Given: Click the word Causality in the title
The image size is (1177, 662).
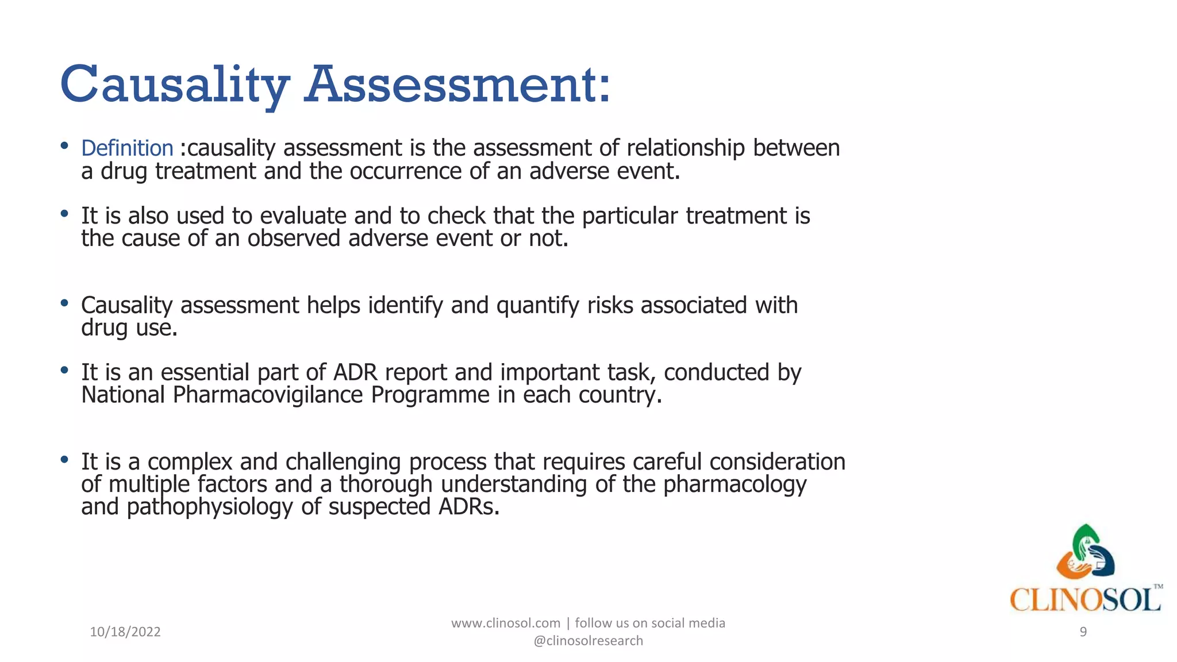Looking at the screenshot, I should [x=174, y=85].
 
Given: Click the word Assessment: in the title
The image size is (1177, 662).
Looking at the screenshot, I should [x=457, y=85].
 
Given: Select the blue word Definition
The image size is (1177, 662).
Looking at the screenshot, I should [x=127, y=148].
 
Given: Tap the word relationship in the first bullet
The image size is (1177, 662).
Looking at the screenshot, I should [x=685, y=148].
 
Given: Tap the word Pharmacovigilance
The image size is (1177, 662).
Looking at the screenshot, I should [x=268, y=395].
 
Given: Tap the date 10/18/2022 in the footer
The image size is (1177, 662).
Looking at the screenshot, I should [x=125, y=632].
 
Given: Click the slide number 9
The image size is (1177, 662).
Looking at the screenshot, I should [x=1083, y=632].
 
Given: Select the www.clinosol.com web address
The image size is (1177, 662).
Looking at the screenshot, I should [x=505, y=623].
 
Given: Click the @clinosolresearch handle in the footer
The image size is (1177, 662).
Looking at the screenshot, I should [x=588, y=641].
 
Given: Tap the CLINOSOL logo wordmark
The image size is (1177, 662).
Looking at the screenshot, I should [x=1085, y=600].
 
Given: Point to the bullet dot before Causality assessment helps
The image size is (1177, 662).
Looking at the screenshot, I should [x=64, y=303].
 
